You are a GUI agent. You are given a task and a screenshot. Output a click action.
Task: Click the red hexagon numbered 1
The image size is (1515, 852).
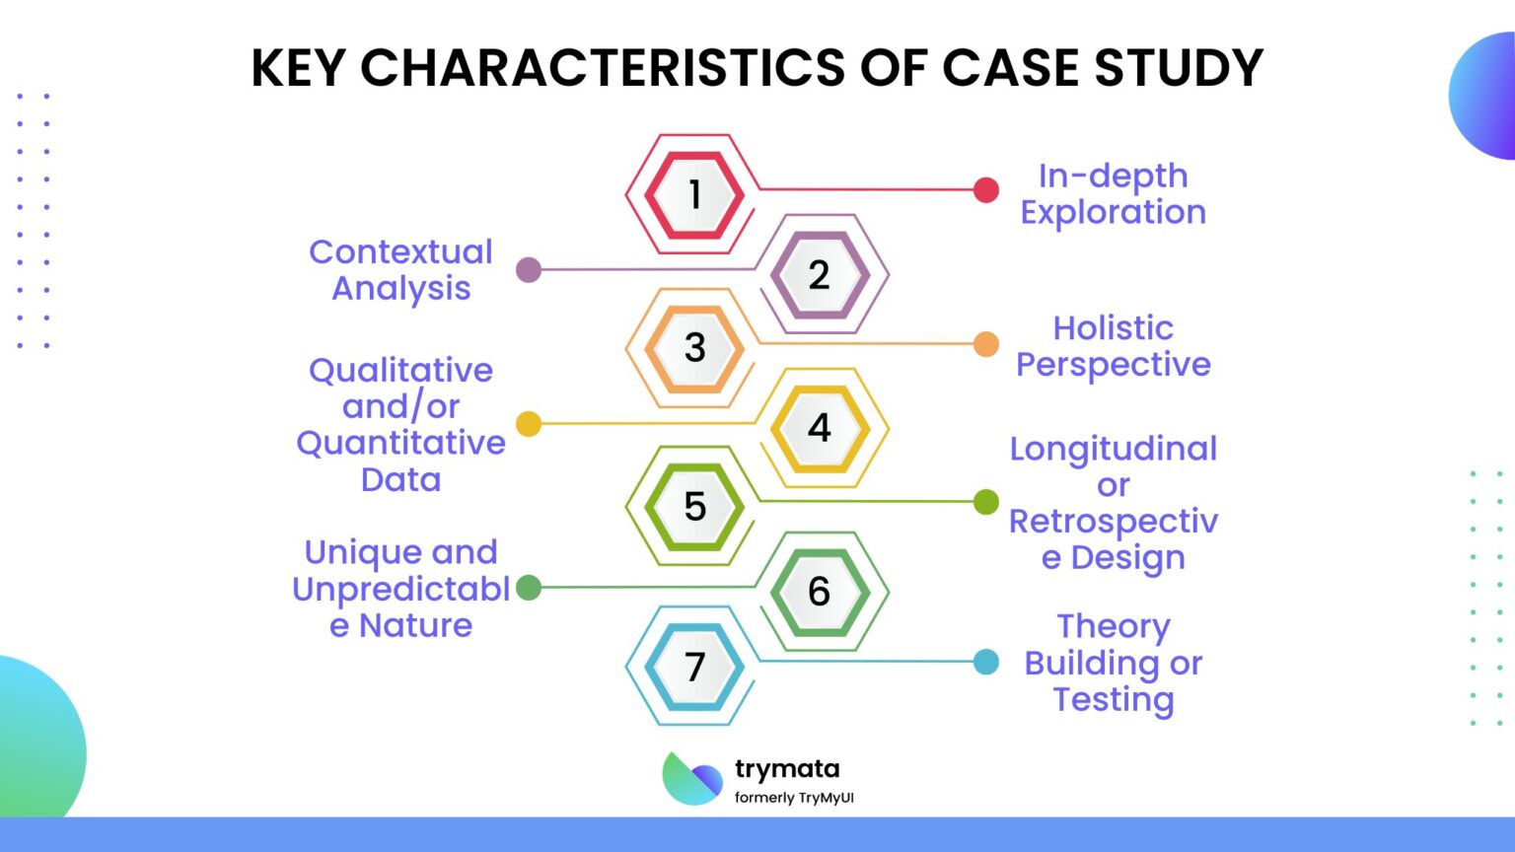(x=694, y=194)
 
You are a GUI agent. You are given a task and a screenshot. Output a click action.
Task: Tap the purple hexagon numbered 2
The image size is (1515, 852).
(x=819, y=274)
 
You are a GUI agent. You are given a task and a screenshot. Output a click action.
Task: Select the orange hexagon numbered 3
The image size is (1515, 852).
(x=694, y=348)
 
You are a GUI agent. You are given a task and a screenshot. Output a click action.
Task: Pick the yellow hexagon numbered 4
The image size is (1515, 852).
(x=819, y=428)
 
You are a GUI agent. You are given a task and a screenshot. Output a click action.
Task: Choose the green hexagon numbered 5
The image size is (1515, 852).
(x=694, y=506)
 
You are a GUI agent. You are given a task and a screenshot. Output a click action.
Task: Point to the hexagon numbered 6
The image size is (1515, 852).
(x=819, y=592)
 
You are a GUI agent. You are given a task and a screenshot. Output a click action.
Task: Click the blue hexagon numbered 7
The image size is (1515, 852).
(x=694, y=667)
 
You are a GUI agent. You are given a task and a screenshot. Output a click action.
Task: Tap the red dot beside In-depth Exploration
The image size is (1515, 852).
(x=985, y=190)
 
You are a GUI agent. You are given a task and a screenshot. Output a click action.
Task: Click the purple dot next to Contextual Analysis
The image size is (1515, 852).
(x=529, y=269)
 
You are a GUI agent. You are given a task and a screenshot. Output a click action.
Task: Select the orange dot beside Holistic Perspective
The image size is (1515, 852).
(x=985, y=344)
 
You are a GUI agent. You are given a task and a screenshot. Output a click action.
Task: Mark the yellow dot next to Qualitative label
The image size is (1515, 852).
(x=529, y=424)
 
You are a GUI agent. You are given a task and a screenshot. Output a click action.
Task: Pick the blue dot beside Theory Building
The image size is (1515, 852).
(x=985, y=662)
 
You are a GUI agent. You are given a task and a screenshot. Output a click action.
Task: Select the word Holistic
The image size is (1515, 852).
(x=1113, y=327)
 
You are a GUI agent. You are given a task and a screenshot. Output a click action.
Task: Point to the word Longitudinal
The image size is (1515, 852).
(x=1113, y=449)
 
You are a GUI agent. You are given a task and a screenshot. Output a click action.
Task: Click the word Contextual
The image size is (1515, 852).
(x=400, y=251)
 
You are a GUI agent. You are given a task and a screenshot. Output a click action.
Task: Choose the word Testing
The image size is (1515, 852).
(x=1113, y=699)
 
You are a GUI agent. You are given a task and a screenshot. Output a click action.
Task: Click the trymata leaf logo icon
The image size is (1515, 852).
(x=691, y=779)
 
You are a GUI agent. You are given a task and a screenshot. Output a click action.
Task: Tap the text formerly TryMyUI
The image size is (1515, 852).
(x=794, y=798)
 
